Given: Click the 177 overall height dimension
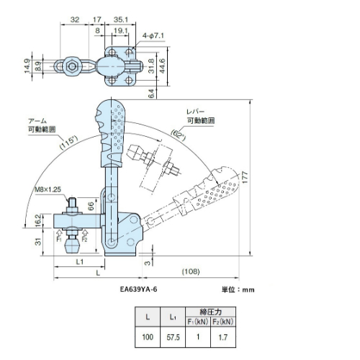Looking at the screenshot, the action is coord(245,177).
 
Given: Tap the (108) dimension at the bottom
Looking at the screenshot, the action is coord(191,271).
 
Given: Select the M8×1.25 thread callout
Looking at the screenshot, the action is coord(48,189).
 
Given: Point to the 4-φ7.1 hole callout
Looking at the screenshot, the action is coord(153,36).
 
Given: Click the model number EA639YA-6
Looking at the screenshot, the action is coord(138,289).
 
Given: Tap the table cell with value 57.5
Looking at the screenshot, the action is coord(173,337).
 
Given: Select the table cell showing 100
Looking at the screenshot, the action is coord(148,337).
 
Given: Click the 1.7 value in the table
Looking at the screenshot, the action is coord(223,338).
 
